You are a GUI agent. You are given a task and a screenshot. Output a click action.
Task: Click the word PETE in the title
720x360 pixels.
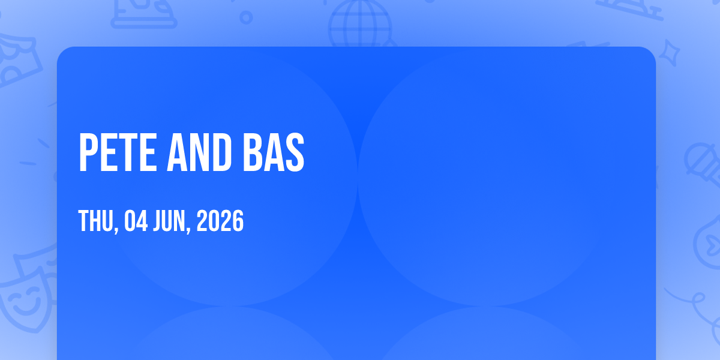(118, 152)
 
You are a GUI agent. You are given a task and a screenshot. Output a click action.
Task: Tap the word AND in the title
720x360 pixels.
(199, 152)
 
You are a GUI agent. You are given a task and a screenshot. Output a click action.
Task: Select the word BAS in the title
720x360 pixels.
(274, 152)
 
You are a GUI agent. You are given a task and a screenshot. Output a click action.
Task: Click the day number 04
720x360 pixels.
(136, 221)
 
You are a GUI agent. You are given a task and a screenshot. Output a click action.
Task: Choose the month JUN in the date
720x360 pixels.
(169, 221)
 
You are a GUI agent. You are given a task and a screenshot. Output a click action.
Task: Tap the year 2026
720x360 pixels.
(220, 221)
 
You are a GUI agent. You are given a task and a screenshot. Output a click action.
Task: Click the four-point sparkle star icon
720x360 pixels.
(669, 53)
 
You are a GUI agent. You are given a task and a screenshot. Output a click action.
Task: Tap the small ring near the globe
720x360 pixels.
(246, 17)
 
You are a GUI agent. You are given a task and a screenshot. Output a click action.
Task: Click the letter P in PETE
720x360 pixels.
(88, 152)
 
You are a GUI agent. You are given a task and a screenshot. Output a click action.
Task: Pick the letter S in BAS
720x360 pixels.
(295, 152)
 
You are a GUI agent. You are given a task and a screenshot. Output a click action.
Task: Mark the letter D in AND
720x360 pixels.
(221, 152)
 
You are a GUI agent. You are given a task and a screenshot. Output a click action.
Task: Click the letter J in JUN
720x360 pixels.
(157, 221)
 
